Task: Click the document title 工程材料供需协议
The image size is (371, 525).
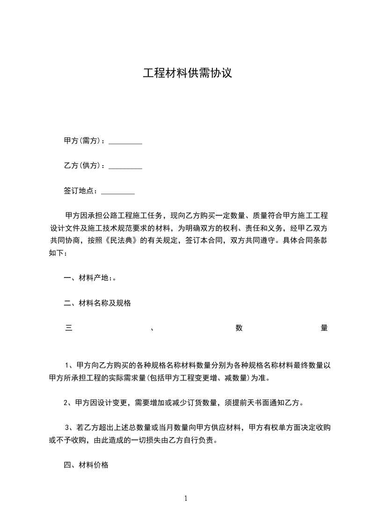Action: tap(187, 73)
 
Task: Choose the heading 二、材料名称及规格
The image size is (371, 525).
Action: tap(97, 303)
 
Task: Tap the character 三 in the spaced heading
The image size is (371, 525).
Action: tap(68, 328)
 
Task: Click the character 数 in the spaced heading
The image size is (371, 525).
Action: tap(239, 328)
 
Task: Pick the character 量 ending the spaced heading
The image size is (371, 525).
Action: tap(324, 328)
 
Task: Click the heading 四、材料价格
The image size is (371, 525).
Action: tap(86, 465)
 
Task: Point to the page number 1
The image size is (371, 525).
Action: tap(186, 499)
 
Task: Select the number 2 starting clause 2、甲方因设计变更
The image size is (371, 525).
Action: tap(66, 402)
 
